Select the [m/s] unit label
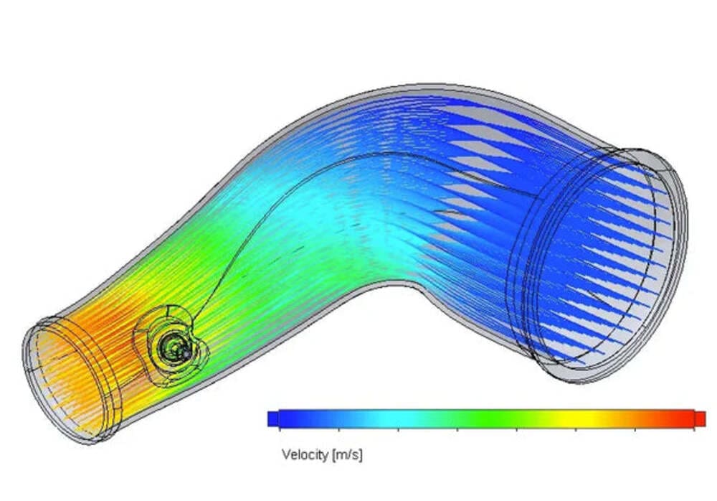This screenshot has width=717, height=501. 347,454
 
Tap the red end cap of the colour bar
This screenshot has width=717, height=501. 701,418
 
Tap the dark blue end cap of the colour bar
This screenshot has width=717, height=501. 272,418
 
